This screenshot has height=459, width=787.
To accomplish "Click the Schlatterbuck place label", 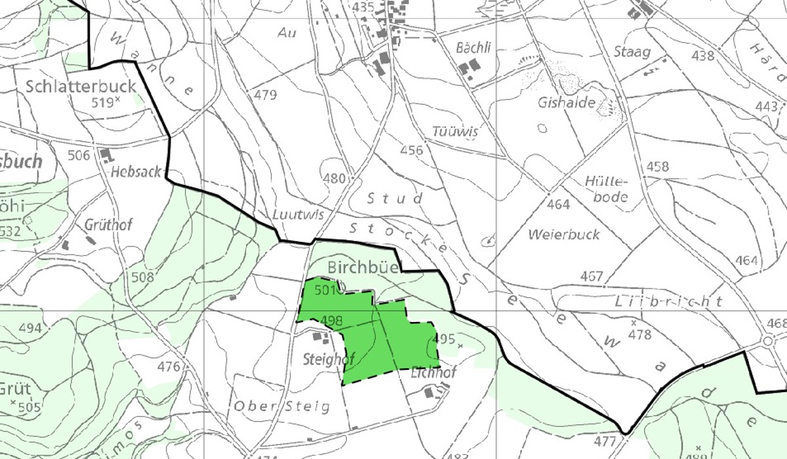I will pyautogui.click(x=81, y=86).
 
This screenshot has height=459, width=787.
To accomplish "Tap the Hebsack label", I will pyautogui.click(x=136, y=172).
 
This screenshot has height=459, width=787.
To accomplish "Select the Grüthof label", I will pyautogui.click(x=108, y=225).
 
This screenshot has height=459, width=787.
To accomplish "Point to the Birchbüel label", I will pyautogui.click(x=363, y=268).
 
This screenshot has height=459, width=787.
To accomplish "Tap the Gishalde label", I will pyautogui.click(x=566, y=103).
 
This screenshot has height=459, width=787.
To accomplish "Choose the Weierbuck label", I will pyautogui.click(x=563, y=234).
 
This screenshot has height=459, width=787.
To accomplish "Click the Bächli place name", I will pyautogui.click(x=474, y=47).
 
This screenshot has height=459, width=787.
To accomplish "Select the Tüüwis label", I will pyautogui.click(x=455, y=131).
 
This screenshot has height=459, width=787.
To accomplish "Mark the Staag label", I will pyautogui.click(x=632, y=52).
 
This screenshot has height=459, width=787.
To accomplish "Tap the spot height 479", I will pyautogui.click(x=266, y=96).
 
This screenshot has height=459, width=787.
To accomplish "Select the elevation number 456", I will pyautogui.click(x=411, y=151).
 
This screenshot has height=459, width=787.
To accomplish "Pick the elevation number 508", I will pyautogui.click(x=142, y=277).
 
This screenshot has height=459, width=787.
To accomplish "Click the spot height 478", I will pyautogui.click(x=640, y=334).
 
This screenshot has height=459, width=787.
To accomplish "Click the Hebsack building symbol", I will pyautogui.click(x=105, y=155).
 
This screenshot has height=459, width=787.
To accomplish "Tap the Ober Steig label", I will pyautogui.click(x=281, y=406).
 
